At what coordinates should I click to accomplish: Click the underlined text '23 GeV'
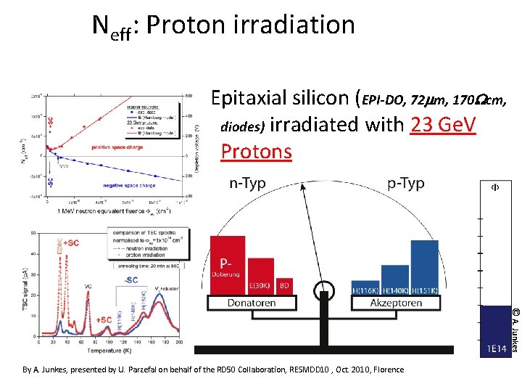(x=442, y=125)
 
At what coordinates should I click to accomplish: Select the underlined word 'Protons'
(x=256, y=152)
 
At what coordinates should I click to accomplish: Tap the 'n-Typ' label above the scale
(x=247, y=184)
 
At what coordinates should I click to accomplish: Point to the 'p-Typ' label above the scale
(x=405, y=184)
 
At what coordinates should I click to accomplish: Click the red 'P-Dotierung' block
(x=228, y=265)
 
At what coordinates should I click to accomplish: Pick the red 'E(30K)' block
(x=261, y=276)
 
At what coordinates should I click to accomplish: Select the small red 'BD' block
(x=285, y=285)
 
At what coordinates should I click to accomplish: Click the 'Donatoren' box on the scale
(x=252, y=303)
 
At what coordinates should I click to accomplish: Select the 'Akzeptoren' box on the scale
(x=396, y=303)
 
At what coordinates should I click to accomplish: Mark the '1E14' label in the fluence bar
(x=496, y=349)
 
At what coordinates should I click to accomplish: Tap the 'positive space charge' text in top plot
(x=117, y=147)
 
